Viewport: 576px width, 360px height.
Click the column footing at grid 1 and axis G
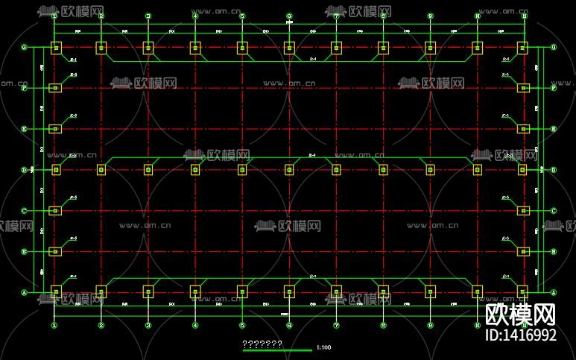[55, 48]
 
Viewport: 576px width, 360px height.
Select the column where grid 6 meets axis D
[289, 170]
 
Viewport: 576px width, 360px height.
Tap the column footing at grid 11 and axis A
[523, 291]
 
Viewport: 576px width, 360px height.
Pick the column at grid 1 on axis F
[55, 88]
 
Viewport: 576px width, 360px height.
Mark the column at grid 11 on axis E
[523, 129]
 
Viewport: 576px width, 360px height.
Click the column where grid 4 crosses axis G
[195, 48]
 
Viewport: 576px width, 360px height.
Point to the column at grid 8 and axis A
[383, 291]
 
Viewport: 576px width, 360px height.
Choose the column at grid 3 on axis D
[148, 170]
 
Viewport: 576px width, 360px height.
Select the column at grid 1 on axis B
[55, 251]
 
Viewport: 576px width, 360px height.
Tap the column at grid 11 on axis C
[523, 211]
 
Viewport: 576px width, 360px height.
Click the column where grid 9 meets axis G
[430, 48]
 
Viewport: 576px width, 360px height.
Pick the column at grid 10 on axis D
[477, 170]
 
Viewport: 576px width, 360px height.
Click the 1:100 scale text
[323, 347]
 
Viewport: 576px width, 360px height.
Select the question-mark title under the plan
[262, 344]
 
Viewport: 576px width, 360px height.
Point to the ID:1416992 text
[521, 335]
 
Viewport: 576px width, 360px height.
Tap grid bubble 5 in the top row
[242, 16]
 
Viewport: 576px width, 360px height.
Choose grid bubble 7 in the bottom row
[336, 326]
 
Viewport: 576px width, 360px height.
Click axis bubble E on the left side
[24, 129]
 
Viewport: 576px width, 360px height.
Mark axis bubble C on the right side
[554, 211]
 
